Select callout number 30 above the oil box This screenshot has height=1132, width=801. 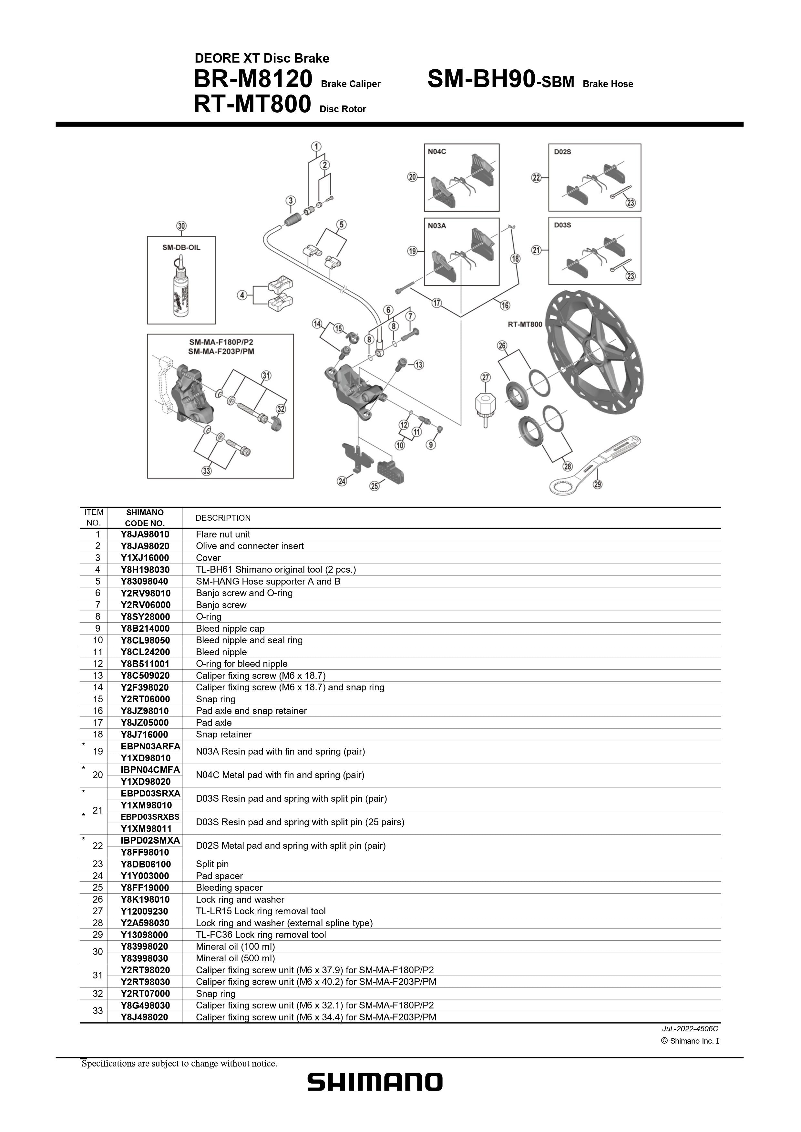tap(182, 226)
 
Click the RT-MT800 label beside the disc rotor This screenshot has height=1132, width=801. tap(525, 325)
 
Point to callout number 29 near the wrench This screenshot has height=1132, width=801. tap(597, 484)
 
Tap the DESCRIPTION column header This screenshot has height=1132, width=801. tap(223, 518)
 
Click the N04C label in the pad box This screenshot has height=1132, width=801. tap(437, 151)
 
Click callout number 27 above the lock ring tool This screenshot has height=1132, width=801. tap(486, 378)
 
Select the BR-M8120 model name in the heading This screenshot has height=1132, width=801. tap(253, 79)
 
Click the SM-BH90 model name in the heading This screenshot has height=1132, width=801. tap(481, 79)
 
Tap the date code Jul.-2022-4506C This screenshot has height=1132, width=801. tap(690, 1029)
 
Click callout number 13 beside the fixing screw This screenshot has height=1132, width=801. tap(418, 365)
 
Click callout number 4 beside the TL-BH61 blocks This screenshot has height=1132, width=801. tap(242, 295)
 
